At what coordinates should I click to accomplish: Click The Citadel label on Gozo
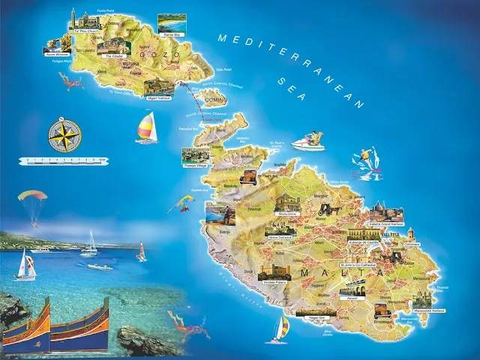(113, 56)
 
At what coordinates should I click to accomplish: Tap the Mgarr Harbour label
(160, 97)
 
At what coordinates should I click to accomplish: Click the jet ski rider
(310, 140)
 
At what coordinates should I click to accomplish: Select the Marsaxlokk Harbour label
(428, 310)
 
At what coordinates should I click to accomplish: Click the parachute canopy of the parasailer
(32, 196)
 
